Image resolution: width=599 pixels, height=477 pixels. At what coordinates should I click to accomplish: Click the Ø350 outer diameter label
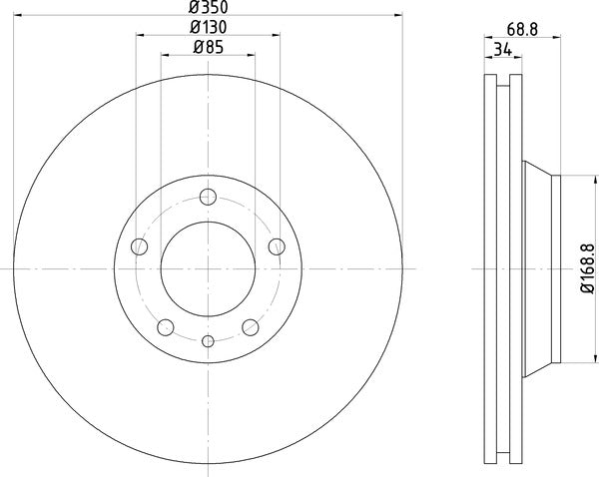pyautogui.click(x=208, y=8)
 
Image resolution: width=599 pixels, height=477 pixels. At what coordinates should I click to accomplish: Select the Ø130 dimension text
pyautogui.click(x=208, y=27)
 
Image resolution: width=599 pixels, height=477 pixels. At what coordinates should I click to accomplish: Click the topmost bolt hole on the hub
pyautogui.click(x=209, y=198)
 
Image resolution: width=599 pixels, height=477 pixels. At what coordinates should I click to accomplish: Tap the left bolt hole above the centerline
pyautogui.click(x=140, y=246)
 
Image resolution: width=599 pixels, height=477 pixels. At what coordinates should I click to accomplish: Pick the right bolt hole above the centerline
pyautogui.click(x=277, y=246)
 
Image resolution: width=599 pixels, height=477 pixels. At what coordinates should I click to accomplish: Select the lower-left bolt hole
pyautogui.click(x=166, y=326)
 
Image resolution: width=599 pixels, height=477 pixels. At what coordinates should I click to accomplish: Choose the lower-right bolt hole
pyautogui.click(x=251, y=326)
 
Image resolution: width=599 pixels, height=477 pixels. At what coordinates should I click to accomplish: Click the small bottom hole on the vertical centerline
pyautogui.click(x=209, y=342)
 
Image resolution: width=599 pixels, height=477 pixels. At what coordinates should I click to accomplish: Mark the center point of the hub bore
pyautogui.click(x=209, y=268)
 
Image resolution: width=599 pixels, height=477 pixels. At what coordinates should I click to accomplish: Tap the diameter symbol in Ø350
pyautogui.click(x=194, y=8)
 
